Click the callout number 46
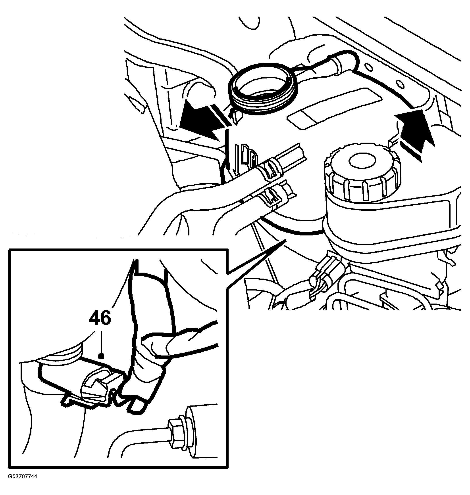(x=100, y=318)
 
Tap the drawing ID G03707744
(x=22, y=484)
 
